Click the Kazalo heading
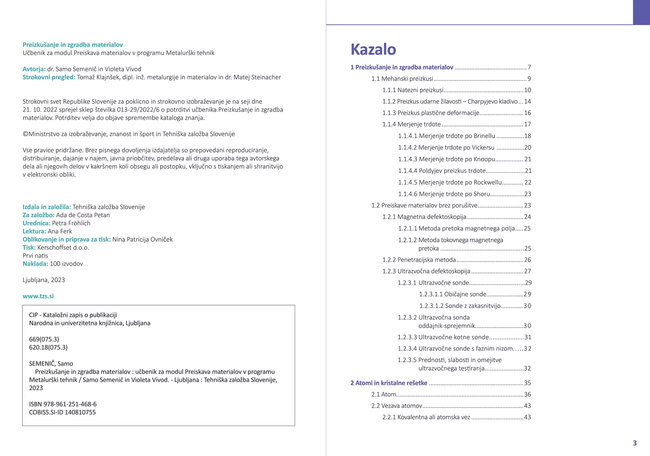(x=373, y=49)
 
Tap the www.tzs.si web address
(x=38, y=296)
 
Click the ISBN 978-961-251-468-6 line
(x=63, y=404)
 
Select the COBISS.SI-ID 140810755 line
(x=62, y=412)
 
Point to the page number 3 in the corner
(x=635, y=443)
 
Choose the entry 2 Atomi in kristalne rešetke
(x=389, y=383)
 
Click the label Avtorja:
(x=34, y=69)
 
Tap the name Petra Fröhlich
(x=71, y=223)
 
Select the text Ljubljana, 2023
(x=44, y=280)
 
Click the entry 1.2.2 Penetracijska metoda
(x=419, y=260)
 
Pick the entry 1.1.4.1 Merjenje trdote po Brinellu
(x=446, y=136)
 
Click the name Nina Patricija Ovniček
(x=143, y=239)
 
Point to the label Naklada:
(x=35, y=264)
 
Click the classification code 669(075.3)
(x=44, y=339)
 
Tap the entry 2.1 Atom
(x=383, y=394)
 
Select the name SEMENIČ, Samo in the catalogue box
(x=51, y=364)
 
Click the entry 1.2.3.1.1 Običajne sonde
(x=453, y=294)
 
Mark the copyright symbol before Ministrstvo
(x=25, y=134)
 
